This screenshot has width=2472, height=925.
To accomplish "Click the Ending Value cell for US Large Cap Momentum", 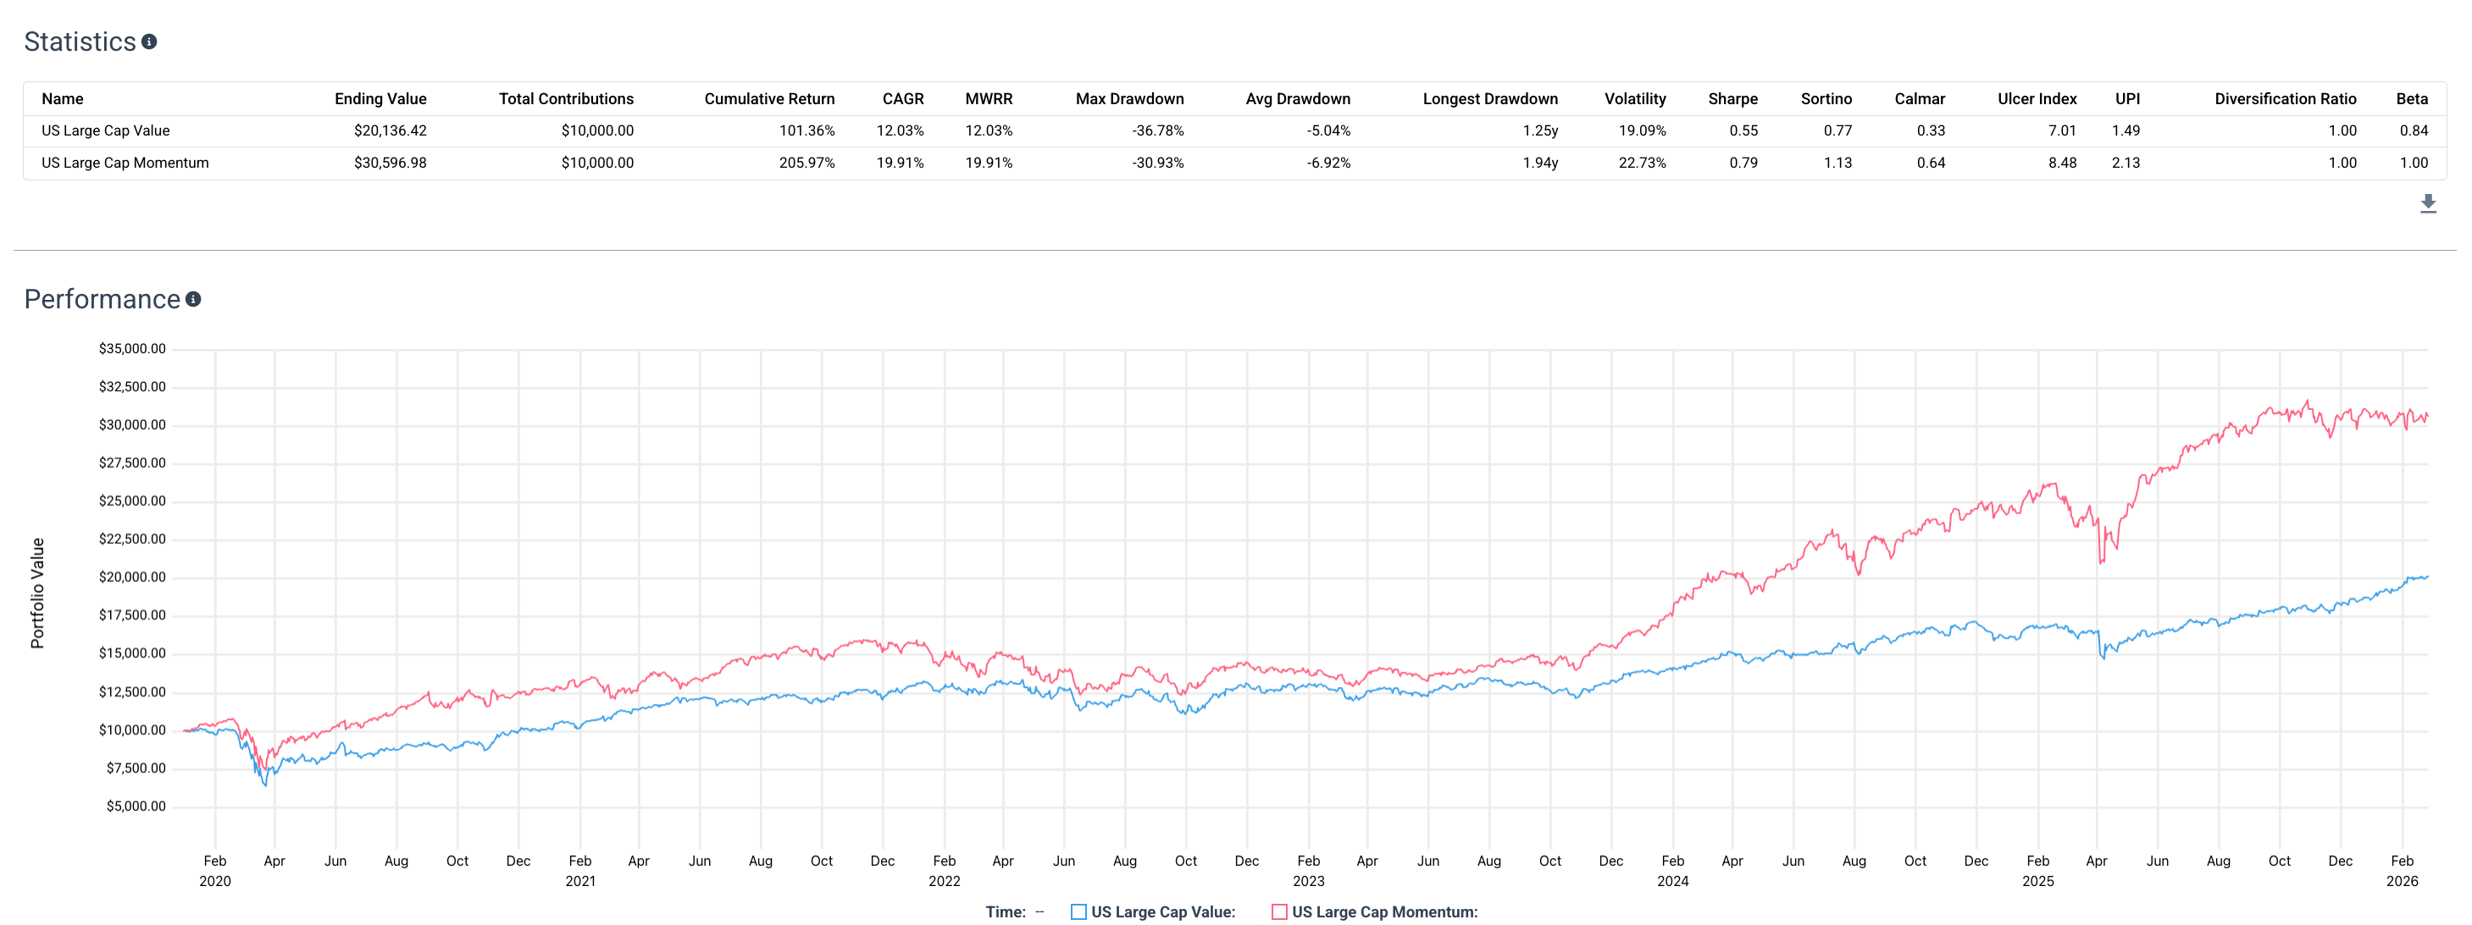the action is click(x=390, y=163).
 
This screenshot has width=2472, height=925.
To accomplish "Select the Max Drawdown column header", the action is click(x=1129, y=99).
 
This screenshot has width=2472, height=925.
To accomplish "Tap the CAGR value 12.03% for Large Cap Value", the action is click(x=901, y=130).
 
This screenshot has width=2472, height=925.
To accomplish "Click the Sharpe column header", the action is click(x=1732, y=99).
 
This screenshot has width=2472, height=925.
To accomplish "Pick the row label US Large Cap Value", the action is click(x=106, y=130).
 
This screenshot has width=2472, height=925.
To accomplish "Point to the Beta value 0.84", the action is click(x=2414, y=130).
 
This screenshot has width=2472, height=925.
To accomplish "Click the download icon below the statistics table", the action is click(x=2428, y=203).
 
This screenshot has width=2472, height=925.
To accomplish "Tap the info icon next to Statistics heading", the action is click(x=149, y=42).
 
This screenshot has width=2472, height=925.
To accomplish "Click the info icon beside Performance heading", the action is click(x=193, y=299).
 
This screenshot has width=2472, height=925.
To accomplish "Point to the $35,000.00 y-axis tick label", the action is click(x=132, y=348).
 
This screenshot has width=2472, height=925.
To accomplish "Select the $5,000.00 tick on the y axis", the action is click(x=136, y=806).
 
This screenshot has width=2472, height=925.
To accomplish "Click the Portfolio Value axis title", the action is click(x=37, y=593).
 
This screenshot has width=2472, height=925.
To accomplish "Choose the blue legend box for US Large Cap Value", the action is click(x=1078, y=911).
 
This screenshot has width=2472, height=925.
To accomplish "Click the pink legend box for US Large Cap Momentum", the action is click(x=1279, y=911).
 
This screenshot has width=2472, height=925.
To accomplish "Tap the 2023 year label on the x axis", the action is click(x=1308, y=881).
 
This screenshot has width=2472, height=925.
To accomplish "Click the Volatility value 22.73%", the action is click(x=1642, y=163).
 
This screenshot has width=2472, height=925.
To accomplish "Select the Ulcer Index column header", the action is click(x=2037, y=99).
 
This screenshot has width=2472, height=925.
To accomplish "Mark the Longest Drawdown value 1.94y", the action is click(x=1540, y=163).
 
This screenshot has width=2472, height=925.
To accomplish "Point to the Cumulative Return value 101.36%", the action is click(x=806, y=130).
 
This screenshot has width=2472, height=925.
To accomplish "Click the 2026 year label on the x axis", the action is click(x=2402, y=881).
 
